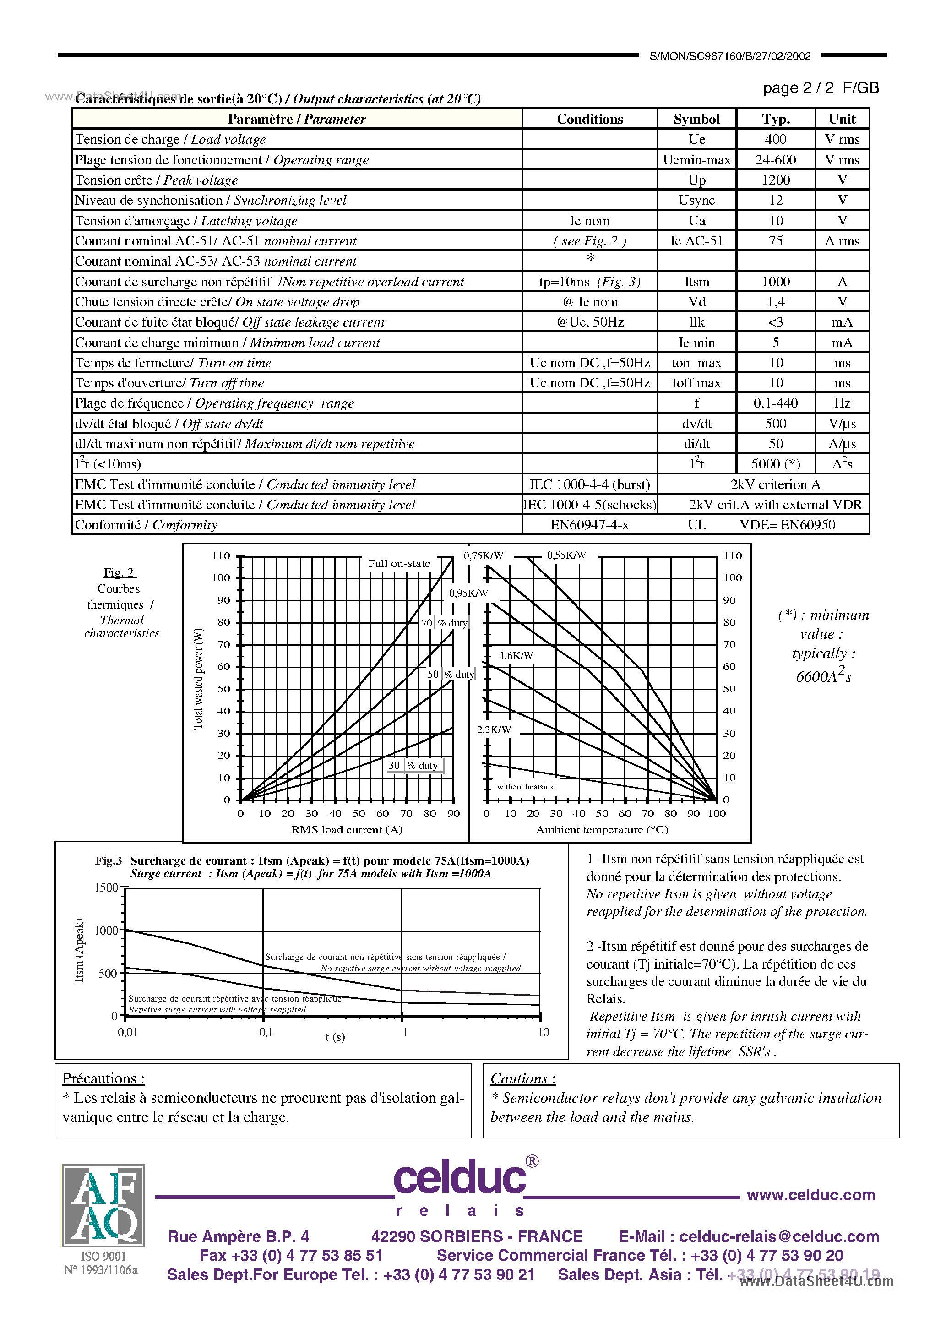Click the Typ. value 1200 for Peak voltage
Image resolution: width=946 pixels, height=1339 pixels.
tap(775, 180)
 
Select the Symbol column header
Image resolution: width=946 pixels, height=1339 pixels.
tap(696, 119)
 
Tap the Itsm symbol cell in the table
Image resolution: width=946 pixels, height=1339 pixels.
tap(696, 282)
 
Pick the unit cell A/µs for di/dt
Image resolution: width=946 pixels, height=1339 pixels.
tap(842, 444)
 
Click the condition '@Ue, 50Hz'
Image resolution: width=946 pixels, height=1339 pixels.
tap(590, 322)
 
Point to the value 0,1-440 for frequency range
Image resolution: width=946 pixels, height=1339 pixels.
tap(775, 403)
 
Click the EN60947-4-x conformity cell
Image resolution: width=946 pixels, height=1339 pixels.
tap(590, 525)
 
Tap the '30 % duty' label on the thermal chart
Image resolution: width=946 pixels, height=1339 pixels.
tap(413, 765)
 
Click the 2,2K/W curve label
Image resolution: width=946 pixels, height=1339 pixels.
tap(494, 729)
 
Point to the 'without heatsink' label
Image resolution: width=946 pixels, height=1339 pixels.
tap(525, 787)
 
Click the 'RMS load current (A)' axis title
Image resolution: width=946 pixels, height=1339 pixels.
tap(347, 829)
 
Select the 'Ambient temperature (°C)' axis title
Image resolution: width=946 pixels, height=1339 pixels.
tap(602, 829)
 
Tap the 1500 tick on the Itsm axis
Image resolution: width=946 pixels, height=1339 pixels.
tap(106, 887)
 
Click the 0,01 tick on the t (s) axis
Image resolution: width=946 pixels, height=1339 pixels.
tap(128, 1032)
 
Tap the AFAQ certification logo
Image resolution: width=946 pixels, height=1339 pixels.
tap(103, 1205)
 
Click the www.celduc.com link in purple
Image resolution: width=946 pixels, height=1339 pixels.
tap(810, 1195)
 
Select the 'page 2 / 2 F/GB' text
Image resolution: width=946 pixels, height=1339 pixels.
tap(820, 88)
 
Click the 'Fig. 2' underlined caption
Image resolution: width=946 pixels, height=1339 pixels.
tap(119, 572)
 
